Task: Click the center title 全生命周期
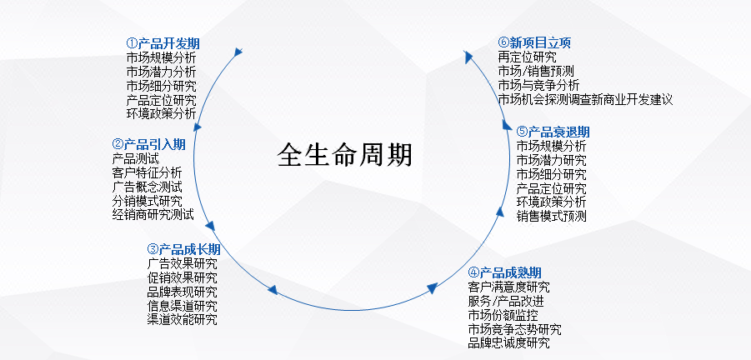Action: (345, 155)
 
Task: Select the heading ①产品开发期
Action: (163, 44)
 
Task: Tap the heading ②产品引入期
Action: (148, 144)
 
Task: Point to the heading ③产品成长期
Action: (183, 249)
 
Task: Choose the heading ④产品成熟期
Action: (504, 272)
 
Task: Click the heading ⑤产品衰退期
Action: (553, 132)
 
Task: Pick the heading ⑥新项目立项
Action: (534, 43)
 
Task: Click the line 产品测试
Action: (135, 158)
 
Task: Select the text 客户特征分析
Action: (147, 172)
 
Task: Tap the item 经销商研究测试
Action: (153, 214)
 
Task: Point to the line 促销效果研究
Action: (182, 277)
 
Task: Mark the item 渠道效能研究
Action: (182, 319)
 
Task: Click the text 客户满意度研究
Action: (508, 287)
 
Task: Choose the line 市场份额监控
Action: (503, 316)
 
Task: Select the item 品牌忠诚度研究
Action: (508, 342)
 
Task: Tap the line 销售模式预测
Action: (551, 216)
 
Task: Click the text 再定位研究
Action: (528, 57)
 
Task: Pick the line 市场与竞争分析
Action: (538, 86)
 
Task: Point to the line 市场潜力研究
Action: (551, 159)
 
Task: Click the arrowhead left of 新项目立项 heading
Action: (468, 57)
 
